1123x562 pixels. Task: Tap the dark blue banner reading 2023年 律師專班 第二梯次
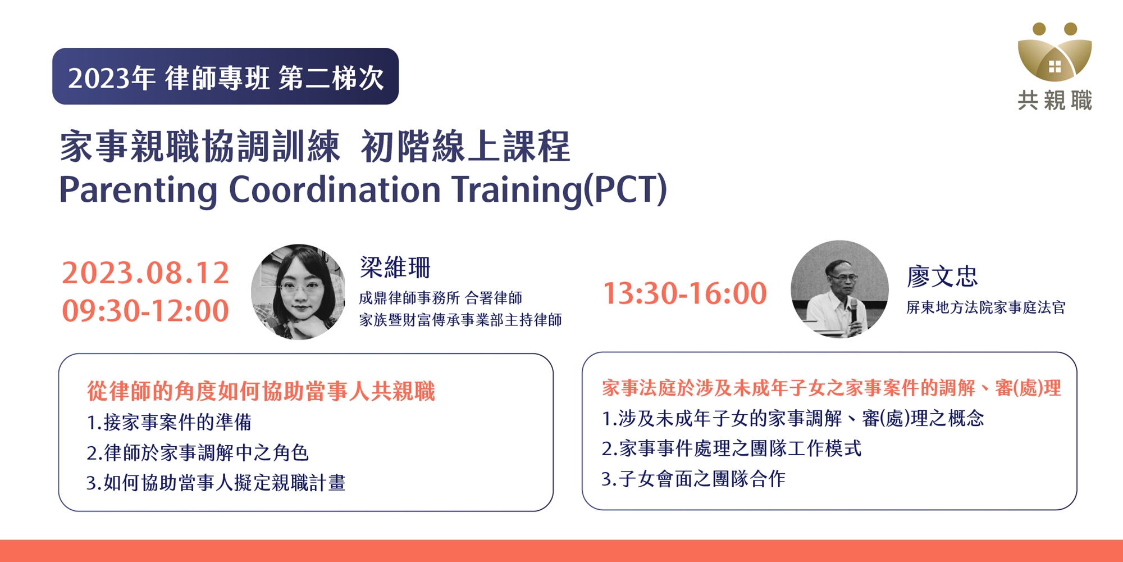225,76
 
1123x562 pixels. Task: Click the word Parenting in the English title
138,190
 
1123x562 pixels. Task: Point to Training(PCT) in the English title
560,190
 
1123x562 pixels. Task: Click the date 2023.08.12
145,273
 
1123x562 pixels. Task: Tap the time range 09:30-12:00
145,311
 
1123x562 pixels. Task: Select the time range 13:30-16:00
684,293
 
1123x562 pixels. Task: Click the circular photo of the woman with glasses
298,292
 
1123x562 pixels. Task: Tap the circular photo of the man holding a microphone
839,289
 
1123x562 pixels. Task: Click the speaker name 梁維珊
395,267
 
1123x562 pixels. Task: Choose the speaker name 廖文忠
942,276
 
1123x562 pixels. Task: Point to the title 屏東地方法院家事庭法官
985,307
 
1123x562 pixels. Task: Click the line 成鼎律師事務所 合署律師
441,298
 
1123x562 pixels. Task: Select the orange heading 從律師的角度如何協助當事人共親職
261,391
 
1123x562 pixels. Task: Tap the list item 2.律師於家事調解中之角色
198,452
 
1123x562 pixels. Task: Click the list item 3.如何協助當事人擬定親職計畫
216,483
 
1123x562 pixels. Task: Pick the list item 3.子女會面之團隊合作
693,479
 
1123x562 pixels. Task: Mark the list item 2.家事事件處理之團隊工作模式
731,448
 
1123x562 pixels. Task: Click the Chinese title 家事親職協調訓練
200,147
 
